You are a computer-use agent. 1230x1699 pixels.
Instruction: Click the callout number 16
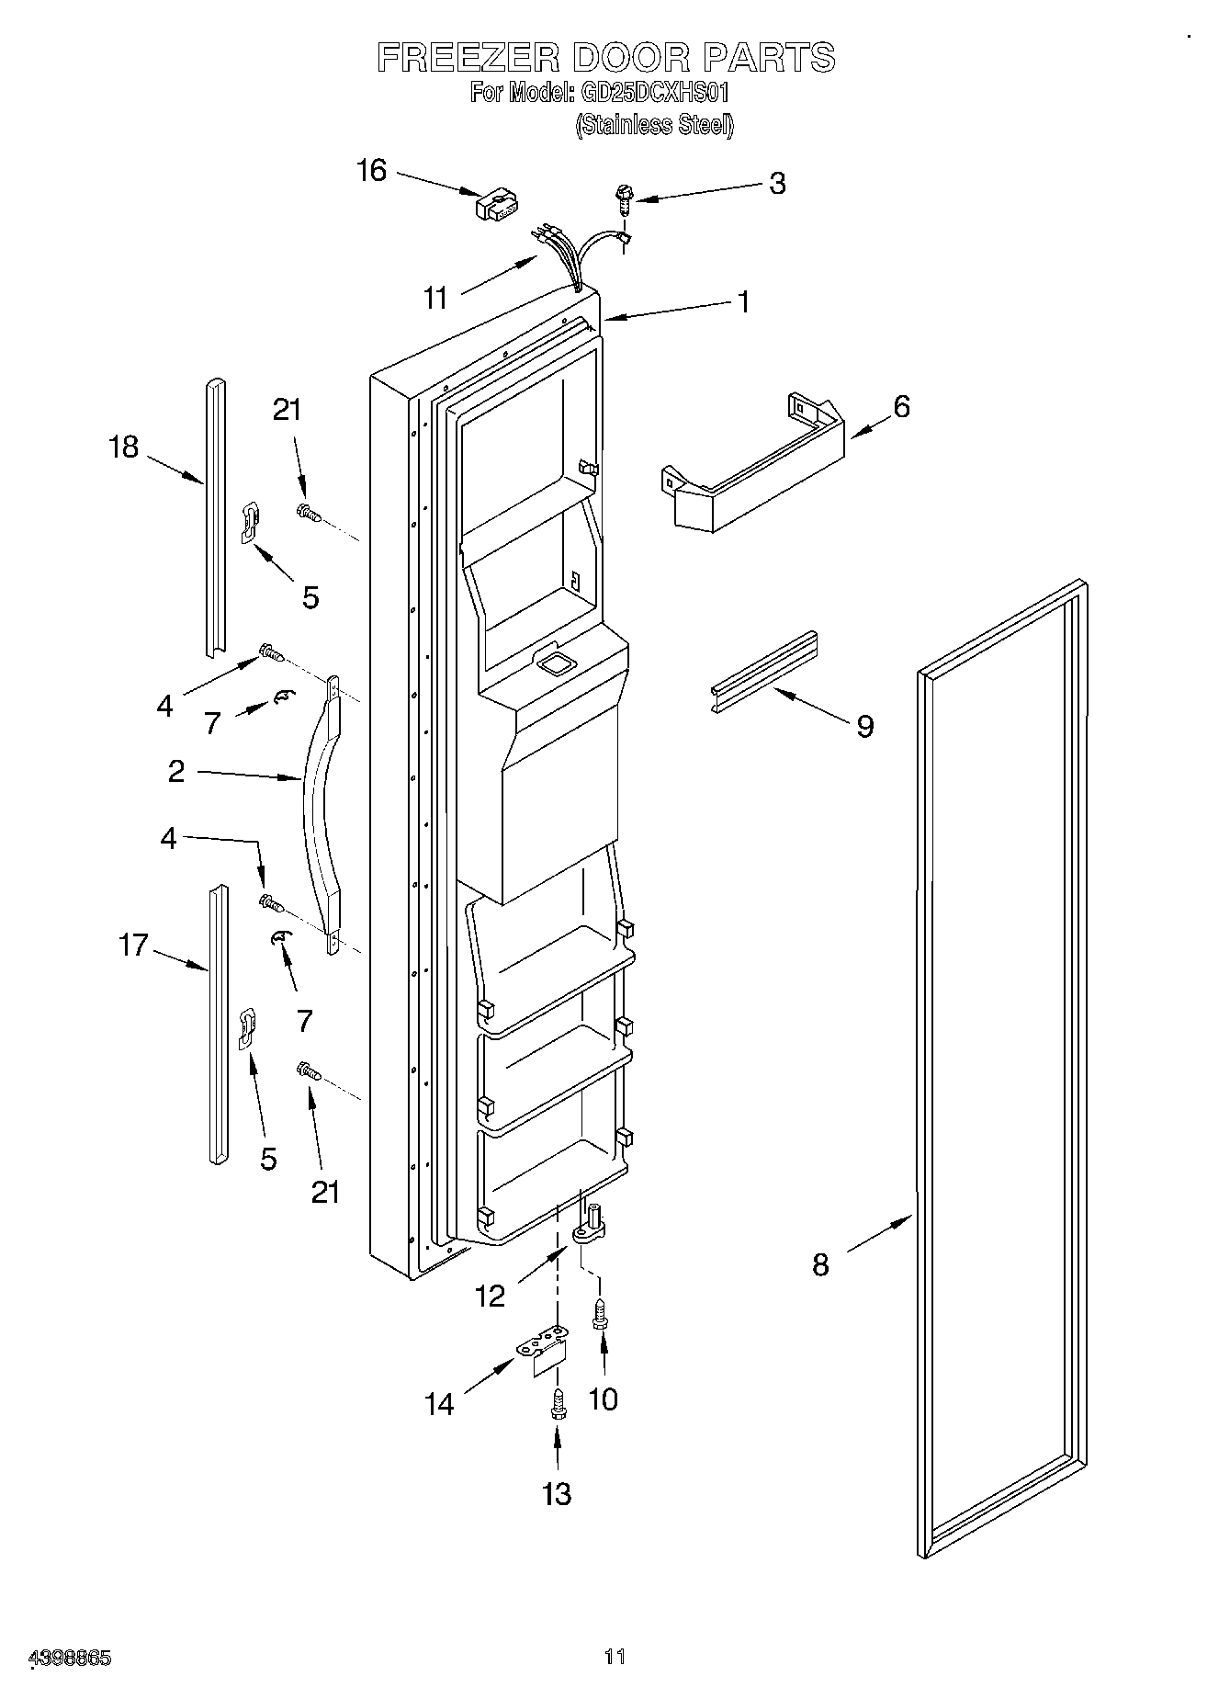[x=371, y=171]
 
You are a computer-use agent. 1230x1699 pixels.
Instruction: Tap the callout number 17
[x=133, y=944]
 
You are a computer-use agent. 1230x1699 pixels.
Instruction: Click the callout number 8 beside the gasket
[x=820, y=1264]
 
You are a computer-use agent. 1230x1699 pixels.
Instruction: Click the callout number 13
[x=557, y=1493]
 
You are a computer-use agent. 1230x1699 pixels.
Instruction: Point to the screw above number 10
[x=601, y=1315]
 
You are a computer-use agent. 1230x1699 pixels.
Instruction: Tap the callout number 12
[x=490, y=1296]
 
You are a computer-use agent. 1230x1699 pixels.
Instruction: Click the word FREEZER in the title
[x=468, y=58]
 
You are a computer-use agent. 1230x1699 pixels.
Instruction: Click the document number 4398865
[x=71, y=1659]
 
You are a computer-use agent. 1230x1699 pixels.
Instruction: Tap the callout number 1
[x=742, y=301]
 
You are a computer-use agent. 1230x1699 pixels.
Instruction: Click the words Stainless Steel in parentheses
[x=654, y=125]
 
